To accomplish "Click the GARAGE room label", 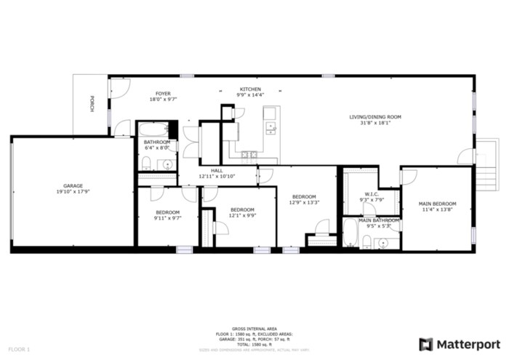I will pyautogui.click(x=71, y=185).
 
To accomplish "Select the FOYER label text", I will pyautogui.click(x=163, y=93).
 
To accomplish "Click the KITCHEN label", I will pyautogui.click(x=250, y=89).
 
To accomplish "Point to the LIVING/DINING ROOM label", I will pyautogui.click(x=375, y=117).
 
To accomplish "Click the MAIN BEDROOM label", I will pyautogui.click(x=437, y=203).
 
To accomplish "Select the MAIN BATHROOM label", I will pyautogui.click(x=379, y=220).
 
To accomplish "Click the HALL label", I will pyautogui.click(x=217, y=170).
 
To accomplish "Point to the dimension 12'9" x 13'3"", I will pyautogui.click(x=304, y=203).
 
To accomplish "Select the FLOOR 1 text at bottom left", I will pyautogui.click(x=19, y=350).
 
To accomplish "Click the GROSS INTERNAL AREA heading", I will pyautogui.click(x=254, y=329).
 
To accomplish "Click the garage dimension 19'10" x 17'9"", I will pyautogui.click(x=71, y=192).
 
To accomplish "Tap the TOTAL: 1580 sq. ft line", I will pyautogui.click(x=254, y=344).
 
